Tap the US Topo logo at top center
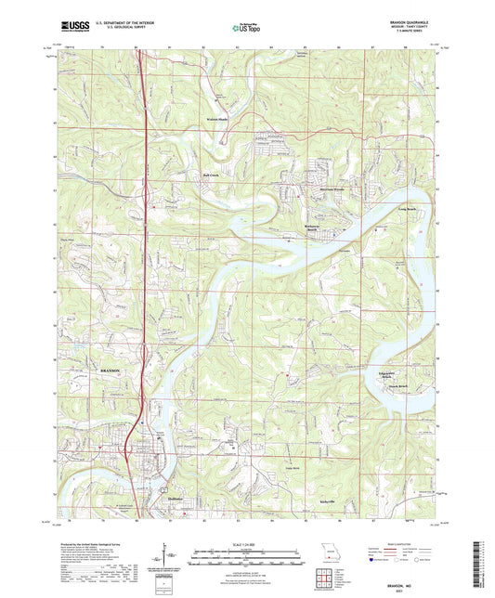tap(245, 28)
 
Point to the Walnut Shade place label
tap(217, 131)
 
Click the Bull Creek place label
tap(209, 174)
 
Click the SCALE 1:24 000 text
tap(245, 544)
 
